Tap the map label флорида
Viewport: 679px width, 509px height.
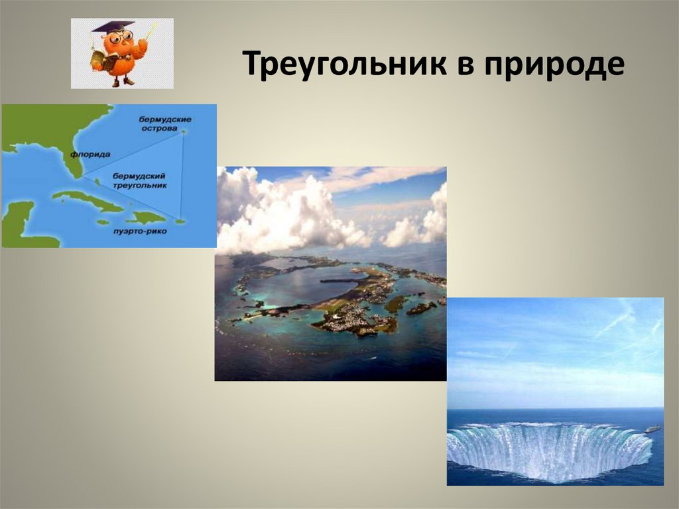(90, 155)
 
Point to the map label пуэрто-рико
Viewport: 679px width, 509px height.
(140, 231)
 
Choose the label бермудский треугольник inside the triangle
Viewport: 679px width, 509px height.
(139, 181)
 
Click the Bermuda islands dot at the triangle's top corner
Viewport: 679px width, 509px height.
(183, 131)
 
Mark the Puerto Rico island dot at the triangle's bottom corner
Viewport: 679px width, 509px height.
(180, 222)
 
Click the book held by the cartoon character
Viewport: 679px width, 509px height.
(104, 60)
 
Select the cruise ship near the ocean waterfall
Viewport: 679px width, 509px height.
(653, 429)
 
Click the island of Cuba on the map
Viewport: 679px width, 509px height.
(87, 200)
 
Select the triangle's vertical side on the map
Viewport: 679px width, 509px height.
(182, 177)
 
